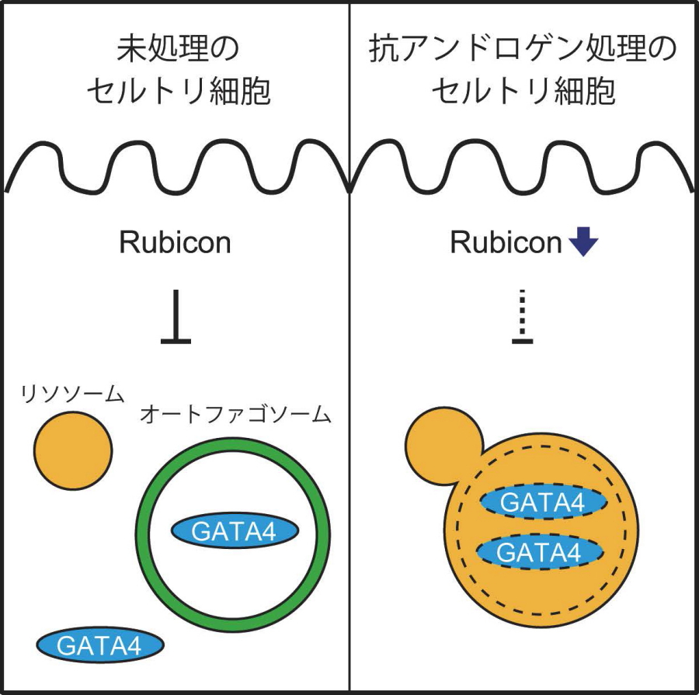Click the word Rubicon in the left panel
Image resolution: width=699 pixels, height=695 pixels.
click(x=175, y=243)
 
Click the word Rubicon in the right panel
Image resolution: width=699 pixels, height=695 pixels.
click(x=506, y=243)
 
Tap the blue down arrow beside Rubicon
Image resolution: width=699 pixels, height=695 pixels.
click(x=582, y=244)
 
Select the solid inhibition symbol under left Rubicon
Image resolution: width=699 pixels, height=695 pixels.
click(x=177, y=318)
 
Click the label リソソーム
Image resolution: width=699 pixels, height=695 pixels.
click(x=73, y=394)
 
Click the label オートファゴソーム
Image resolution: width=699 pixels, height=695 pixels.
click(x=235, y=415)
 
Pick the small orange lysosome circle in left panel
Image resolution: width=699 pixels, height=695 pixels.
click(x=73, y=450)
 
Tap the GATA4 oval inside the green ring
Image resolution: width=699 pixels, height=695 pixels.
click(x=234, y=533)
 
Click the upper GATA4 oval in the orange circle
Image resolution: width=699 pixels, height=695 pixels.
click(x=541, y=503)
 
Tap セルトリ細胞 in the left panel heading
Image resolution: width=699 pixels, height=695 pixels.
click(x=177, y=92)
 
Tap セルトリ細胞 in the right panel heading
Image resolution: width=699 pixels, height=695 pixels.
click(x=523, y=92)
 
